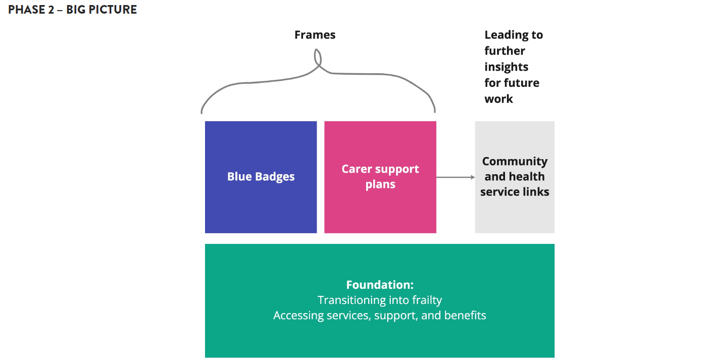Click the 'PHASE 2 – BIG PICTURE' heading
(x=73, y=10)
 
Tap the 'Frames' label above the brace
(x=315, y=35)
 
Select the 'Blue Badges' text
(x=261, y=177)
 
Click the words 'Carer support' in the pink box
(x=380, y=169)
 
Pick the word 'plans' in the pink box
(x=380, y=184)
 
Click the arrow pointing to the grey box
(x=455, y=177)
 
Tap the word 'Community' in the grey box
(x=515, y=162)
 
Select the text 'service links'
(x=515, y=192)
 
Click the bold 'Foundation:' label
(x=380, y=285)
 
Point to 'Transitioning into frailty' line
(x=380, y=300)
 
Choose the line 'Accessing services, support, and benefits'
(x=380, y=316)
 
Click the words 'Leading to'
(x=514, y=35)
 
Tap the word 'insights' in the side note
(x=507, y=67)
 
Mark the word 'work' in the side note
(x=498, y=99)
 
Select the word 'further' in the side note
(x=505, y=50)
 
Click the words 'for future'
(x=512, y=83)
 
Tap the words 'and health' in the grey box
(x=515, y=177)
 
